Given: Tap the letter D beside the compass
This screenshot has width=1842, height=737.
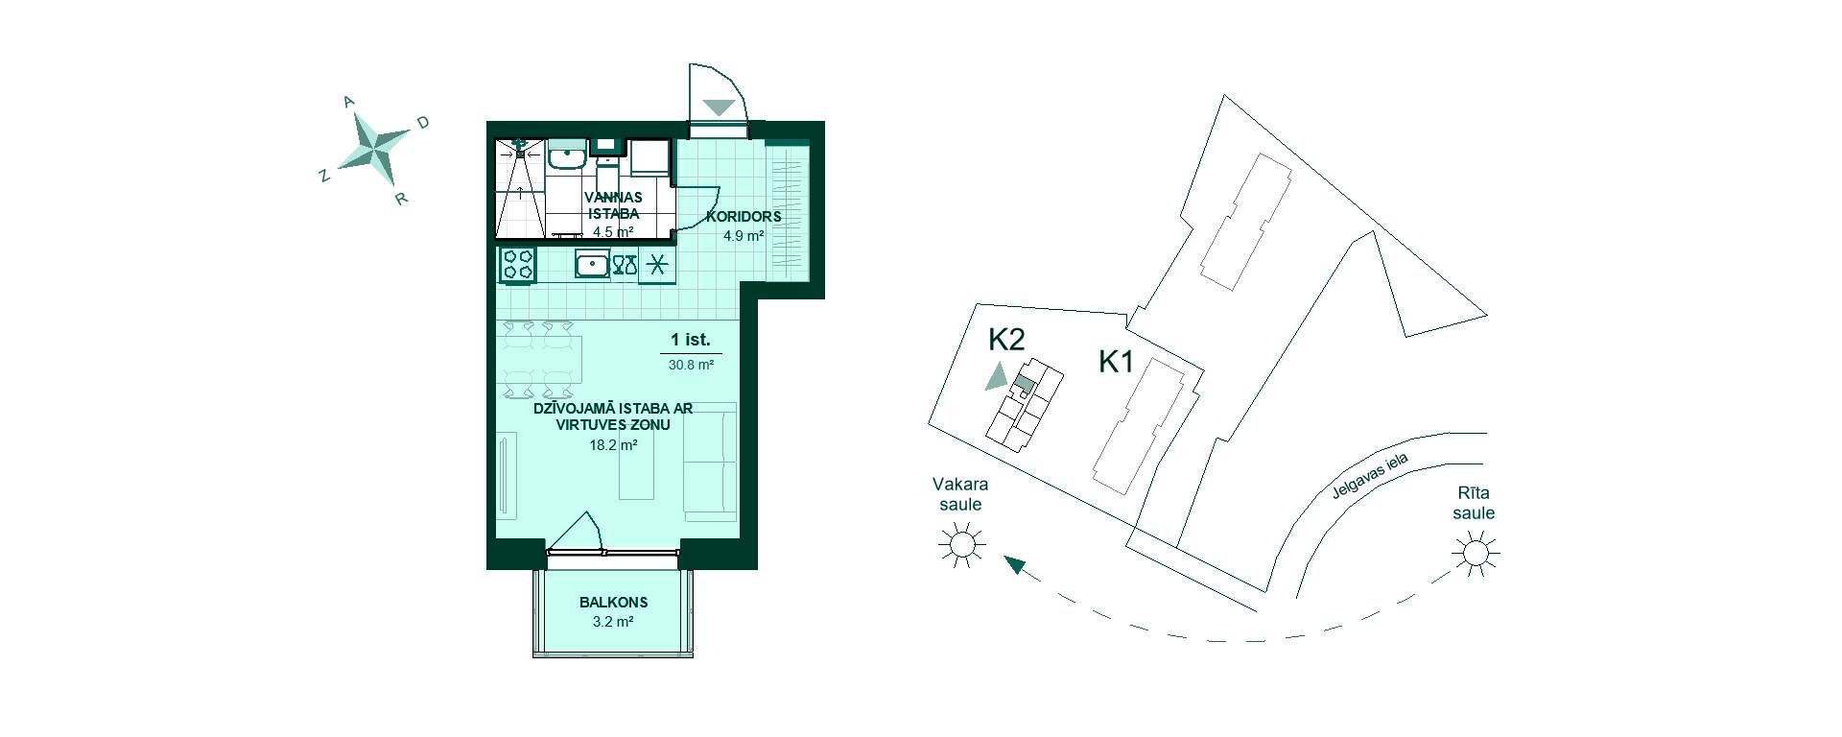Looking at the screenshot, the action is (422, 122).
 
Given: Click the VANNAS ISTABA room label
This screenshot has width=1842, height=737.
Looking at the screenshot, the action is (612, 205).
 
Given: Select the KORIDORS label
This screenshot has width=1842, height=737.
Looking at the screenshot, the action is (744, 216).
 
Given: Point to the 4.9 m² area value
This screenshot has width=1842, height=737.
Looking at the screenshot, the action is (744, 235).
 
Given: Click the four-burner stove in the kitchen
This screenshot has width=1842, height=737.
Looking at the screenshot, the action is (518, 265).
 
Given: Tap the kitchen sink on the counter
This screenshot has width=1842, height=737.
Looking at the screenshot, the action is (592, 264).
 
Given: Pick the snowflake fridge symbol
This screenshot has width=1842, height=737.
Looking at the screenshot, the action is (657, 265).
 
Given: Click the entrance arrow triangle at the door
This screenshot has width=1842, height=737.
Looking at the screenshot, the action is (719, 107).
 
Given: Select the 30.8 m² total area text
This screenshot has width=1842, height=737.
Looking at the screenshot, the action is (691, 365).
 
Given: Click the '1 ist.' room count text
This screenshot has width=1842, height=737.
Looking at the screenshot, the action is (690, 340).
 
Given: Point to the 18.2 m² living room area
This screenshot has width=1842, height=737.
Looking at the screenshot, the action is (614, 444).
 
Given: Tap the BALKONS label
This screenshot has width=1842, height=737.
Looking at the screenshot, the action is (613, 603).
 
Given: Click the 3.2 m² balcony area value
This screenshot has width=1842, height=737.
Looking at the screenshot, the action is (613, 622).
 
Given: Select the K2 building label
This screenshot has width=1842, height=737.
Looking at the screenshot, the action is (1007, 339).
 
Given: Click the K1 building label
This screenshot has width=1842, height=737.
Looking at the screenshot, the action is (1117, 362).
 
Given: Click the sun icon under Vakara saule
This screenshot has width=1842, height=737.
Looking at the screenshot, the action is (961, 544).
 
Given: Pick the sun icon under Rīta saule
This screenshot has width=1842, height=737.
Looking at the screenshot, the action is (1475, 554).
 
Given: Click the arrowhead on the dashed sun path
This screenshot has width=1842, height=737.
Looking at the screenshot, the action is (1013, 564).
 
